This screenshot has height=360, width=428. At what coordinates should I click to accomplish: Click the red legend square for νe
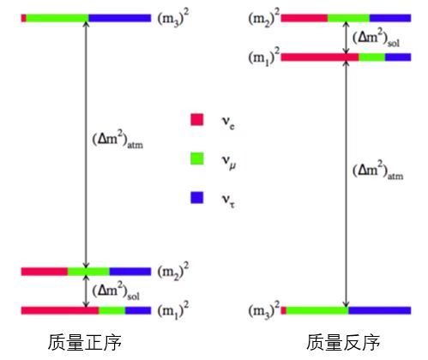pos(197,119)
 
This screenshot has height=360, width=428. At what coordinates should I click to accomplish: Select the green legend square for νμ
pos(197,159)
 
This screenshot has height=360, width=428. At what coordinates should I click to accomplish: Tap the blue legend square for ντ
pos(197,197)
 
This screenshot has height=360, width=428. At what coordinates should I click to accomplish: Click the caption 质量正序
pos(84,342)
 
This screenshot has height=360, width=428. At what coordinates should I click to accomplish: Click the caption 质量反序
pos(343,342)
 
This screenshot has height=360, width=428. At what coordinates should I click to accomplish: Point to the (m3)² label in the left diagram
pos(173,18)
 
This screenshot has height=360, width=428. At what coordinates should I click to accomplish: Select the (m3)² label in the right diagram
pos(263,309)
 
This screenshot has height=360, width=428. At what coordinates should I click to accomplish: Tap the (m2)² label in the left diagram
pos(173,271)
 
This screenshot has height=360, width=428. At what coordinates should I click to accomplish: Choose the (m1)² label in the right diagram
pos(263,57)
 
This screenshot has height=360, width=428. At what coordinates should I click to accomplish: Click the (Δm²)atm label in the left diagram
pos(118,140)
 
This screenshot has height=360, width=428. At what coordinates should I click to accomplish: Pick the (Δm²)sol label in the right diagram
pos(376,39)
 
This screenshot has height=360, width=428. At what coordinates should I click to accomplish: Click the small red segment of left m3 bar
pos(24,18)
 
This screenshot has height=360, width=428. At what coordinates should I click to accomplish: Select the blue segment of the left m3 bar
pos(120,18)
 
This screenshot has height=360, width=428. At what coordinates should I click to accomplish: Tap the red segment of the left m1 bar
pos(60,310)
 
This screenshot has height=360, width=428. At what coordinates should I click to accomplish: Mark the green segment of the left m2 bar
pos(88,272)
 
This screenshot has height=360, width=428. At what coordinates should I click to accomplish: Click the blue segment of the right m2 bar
pos(390,18)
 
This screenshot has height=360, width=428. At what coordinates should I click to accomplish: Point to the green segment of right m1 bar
pos(372,57)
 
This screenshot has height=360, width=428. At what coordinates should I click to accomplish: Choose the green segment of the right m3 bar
pos(317,310)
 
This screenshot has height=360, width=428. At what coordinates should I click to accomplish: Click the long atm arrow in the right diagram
pos(346,183)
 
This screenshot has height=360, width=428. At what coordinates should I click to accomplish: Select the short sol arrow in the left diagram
pos(86,291)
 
